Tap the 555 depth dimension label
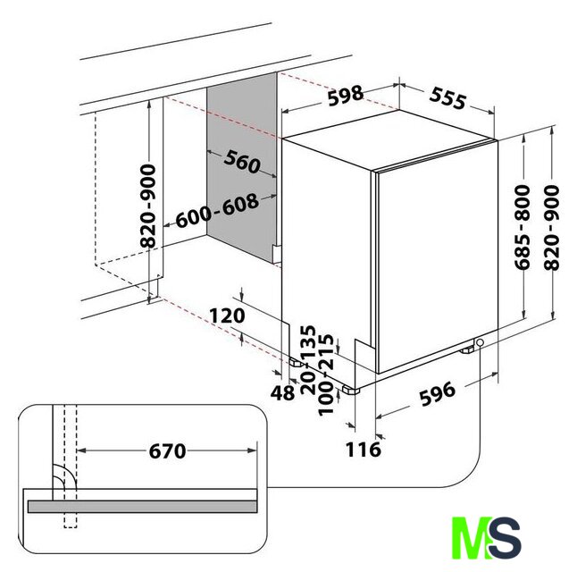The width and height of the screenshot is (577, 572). pos(447,98)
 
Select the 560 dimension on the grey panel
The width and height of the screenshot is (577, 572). pos(242,162)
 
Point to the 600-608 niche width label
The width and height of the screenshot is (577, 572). pos(217,211)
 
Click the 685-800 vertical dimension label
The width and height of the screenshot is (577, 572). pos(523,227)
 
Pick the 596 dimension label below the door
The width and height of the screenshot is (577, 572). pos(438,394)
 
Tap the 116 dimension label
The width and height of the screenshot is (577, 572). pos(364,450)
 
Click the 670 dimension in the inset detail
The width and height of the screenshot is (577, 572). pos(167,451)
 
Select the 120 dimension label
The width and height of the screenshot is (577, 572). pos(227,316)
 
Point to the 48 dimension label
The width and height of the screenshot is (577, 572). pos(282,392)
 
